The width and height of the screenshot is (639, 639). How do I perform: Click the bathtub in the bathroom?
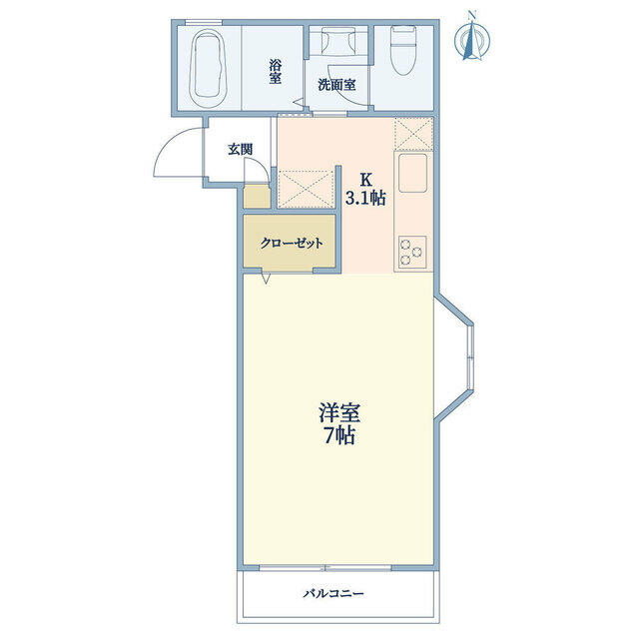[x=209, y=68]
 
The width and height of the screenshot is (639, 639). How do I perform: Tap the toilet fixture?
[x=403, y=50]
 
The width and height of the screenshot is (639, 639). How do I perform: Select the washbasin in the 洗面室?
[x=338, y=41]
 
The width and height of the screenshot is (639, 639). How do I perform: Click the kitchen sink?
[x=412, y=173]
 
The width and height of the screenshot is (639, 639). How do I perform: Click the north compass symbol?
[x=472, y=39]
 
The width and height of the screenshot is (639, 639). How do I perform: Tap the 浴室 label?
[x=276, y=71]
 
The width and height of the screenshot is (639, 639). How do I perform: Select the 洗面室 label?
[x=336, y=85]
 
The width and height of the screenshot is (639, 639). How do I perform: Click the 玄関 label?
[x=240, y=150]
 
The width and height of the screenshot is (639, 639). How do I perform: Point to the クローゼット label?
[x=292, y=244]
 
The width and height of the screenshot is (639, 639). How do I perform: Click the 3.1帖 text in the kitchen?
[x=365, y=198]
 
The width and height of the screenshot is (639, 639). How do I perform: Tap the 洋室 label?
[x=339, y=413]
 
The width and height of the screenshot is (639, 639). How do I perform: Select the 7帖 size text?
[x=339, y=435]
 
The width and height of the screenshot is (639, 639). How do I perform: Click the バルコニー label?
[x=333, y=593]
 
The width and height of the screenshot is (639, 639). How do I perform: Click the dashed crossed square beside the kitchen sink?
[x=413, y=134]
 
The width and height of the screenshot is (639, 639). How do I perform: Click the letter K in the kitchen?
[x=366, y=179]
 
